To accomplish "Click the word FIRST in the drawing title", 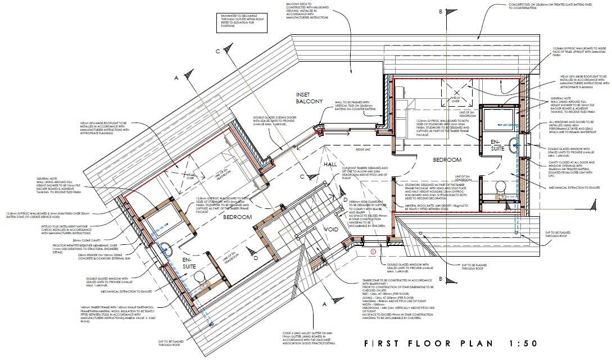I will click(x=384, y=343).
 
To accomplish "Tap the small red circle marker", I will click(x=373, y=252).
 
